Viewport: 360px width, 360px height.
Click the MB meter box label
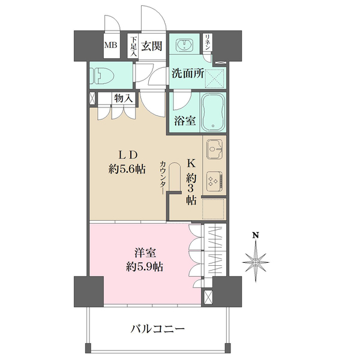pyautogui.click(x=110, y=45)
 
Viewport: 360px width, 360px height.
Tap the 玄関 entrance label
pyautogui.click(x=151, y=46)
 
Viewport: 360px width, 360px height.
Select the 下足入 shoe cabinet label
pyautogui.click(x=134, y=47)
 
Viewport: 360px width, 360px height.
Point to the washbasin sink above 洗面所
pyautogui.click(x=184, y=44)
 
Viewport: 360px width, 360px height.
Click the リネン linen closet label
pyautogui.click(x=207, y=42)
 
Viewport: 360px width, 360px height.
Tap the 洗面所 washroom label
pyautogui.click(x=188, y=74)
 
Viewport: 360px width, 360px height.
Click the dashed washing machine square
pyautogui.click(x=214, y=78)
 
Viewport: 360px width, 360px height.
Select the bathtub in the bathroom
pyautogui.click(x=212, y=112)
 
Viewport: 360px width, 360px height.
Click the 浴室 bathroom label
pyautogui.click(x=185, y=121)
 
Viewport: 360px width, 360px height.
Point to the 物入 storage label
pyautogui.click(x=124, y=99)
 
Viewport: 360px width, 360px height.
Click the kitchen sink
pyautogui.click(x=214, y=149)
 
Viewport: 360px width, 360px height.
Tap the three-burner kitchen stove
pyautogui.click(x=214, y=181)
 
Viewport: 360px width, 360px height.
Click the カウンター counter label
pyautogui.click(x=163, y=177)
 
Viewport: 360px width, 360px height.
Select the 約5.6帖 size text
pyautogui.click(x=127, y=170)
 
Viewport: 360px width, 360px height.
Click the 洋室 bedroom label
pyautogui.click(x=145, y=253)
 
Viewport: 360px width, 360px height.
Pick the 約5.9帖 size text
pyautogui.click(x=145, y=267)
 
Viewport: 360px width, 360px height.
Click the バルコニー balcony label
pyautogui.click(x=158, y=329)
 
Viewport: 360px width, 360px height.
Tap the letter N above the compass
pyautogui.click(x=255, y=235)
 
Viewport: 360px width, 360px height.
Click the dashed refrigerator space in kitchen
pyautogui.click(x=213, y=209)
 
